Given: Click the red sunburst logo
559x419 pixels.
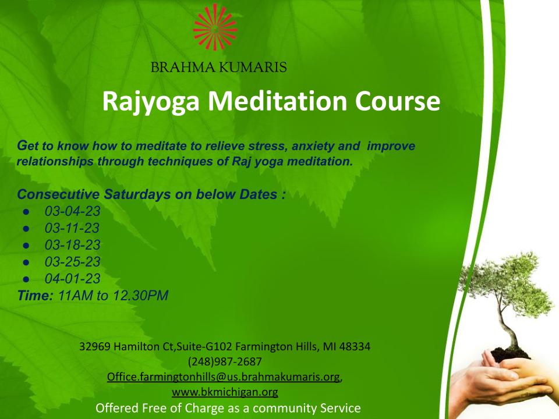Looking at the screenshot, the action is (x=215, y=27).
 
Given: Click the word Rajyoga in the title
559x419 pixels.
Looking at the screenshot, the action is (x=151, y=102).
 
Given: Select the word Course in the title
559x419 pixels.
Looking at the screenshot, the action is (x=398, y=101).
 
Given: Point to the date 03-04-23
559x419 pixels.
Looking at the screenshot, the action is (x=72, y=211).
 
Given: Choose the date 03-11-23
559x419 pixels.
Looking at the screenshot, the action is (x=72, y=228).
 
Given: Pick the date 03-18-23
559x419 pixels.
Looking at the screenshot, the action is (x=72, y=245).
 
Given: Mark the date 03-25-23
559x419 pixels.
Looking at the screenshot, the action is (x=72, y=261).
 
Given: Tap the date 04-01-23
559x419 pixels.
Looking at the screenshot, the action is (x=72, y=278).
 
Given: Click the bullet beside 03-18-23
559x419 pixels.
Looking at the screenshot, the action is (x=26, y=246).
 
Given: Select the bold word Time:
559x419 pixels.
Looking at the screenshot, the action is (x=36, y=296).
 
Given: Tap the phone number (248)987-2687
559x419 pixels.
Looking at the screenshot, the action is (x=225, y=361).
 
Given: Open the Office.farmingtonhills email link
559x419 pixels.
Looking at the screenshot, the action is (x=224, y=377).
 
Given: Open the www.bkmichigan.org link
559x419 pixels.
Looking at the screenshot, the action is (x=225, y=392).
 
